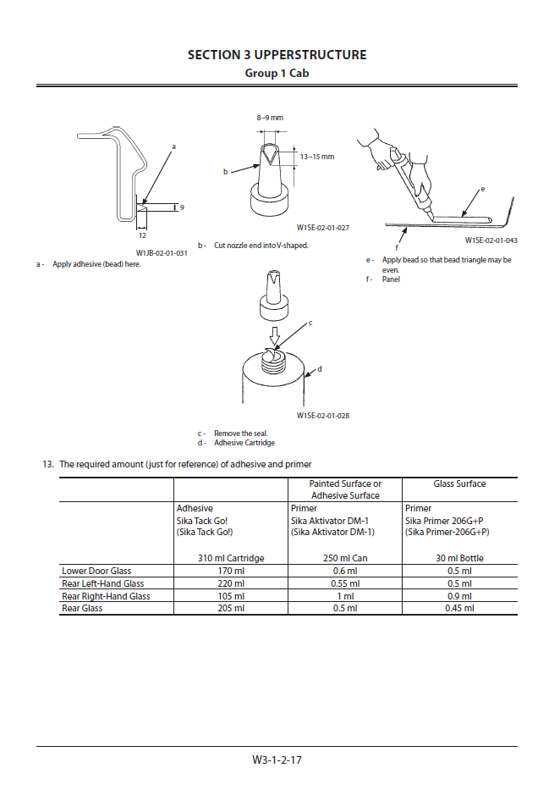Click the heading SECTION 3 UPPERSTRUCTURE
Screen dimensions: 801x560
[277, 55]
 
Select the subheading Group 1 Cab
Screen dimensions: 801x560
[277, 73]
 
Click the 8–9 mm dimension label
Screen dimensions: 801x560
[270, 118]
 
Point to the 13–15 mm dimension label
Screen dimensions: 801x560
[317, 157]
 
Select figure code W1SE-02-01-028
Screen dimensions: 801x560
[323, 416]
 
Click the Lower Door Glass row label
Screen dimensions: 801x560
[96, 572]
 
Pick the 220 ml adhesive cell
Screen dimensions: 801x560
[231, 583]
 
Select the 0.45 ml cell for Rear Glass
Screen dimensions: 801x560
[459, 608]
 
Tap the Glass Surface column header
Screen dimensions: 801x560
[459, 484]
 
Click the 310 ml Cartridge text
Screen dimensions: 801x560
[231, 558]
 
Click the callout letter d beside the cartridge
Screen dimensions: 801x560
[319, 369]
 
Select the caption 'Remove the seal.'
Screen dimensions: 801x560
[240, 434]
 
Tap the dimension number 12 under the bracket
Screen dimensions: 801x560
[142, 235]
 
